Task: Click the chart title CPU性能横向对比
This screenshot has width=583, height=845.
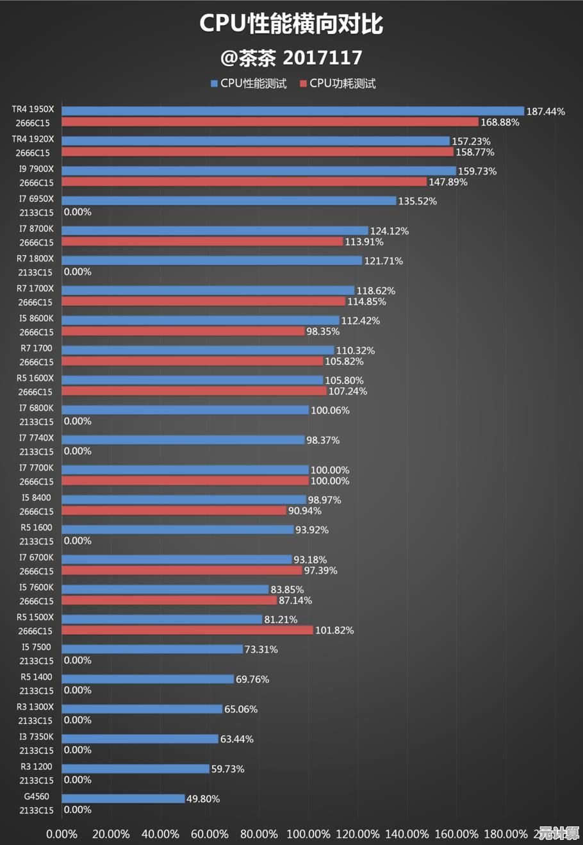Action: (x=291, y=24)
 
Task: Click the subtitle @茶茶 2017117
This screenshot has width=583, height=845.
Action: (x=291, y=58)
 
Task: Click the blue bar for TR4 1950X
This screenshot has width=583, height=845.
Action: (x=293, y=111)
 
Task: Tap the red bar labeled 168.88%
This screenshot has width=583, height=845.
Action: (x=270, y=122)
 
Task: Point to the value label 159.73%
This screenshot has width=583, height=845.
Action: (x=477, y=171)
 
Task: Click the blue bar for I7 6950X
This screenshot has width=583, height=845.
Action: (x=229, y=201)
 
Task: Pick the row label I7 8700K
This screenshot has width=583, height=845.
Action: (x=36, y=229)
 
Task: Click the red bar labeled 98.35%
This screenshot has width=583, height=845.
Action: (x=183, y=331)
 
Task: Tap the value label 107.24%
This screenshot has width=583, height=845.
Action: (x=348, y=391)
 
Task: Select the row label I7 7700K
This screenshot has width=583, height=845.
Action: (x=36, y=468)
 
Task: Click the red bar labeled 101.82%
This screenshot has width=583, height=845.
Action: (x=187, y=630)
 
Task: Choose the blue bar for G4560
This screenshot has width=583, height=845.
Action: (x=123, y=799)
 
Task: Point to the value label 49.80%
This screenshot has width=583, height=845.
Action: (x=203, y=799)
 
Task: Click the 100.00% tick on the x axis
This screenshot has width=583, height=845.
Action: (x=308, y=834)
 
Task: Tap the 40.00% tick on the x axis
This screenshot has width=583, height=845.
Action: (x=160, y=834)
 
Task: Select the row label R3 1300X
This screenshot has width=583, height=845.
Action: (x=35, y=707)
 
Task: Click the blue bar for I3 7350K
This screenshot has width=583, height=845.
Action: (x=140, y=739)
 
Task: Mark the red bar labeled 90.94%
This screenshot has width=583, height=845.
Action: (x=174, y=511)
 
